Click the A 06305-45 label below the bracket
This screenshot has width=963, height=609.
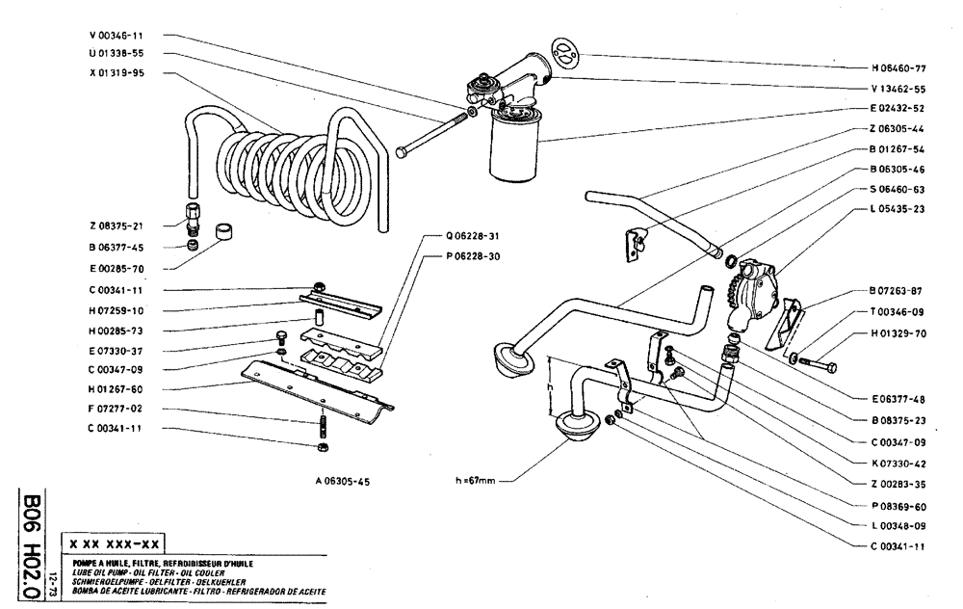(343, 481)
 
